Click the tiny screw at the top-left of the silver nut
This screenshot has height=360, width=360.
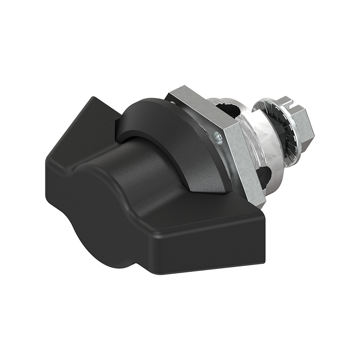pos(173,103)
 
